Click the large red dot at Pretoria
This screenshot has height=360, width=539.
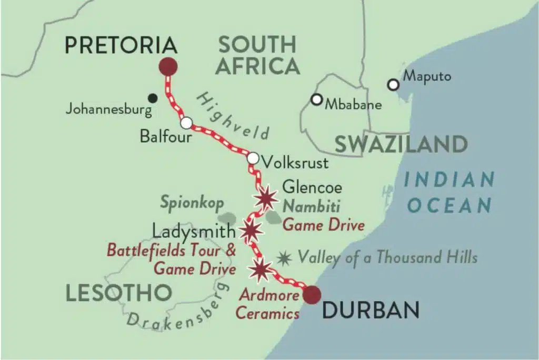click(168, 67)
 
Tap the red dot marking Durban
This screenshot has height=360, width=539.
click(312, 295)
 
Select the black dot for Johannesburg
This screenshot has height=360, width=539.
click(153, 97)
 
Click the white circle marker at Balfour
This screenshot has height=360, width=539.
click(186, 123)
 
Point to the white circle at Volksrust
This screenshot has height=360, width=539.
click(253, 158)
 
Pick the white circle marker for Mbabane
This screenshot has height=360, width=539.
click(316, 99)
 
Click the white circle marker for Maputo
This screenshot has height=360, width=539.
click(393, 84)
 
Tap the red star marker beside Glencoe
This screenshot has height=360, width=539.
click(265, 198)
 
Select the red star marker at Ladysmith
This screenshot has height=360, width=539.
click(251, 230)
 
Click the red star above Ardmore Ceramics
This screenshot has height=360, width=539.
click(261, 269)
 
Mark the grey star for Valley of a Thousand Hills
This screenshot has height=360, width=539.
click(285, 258)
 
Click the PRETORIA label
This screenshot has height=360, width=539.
click(121, 46)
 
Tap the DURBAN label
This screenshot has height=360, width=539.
click(371, 311)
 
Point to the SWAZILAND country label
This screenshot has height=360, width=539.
click(401, 144)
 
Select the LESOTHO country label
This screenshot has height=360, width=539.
click(119, 293)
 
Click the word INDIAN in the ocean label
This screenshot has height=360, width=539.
click(450, 179)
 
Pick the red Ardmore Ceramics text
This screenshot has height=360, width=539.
click(267, 305)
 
